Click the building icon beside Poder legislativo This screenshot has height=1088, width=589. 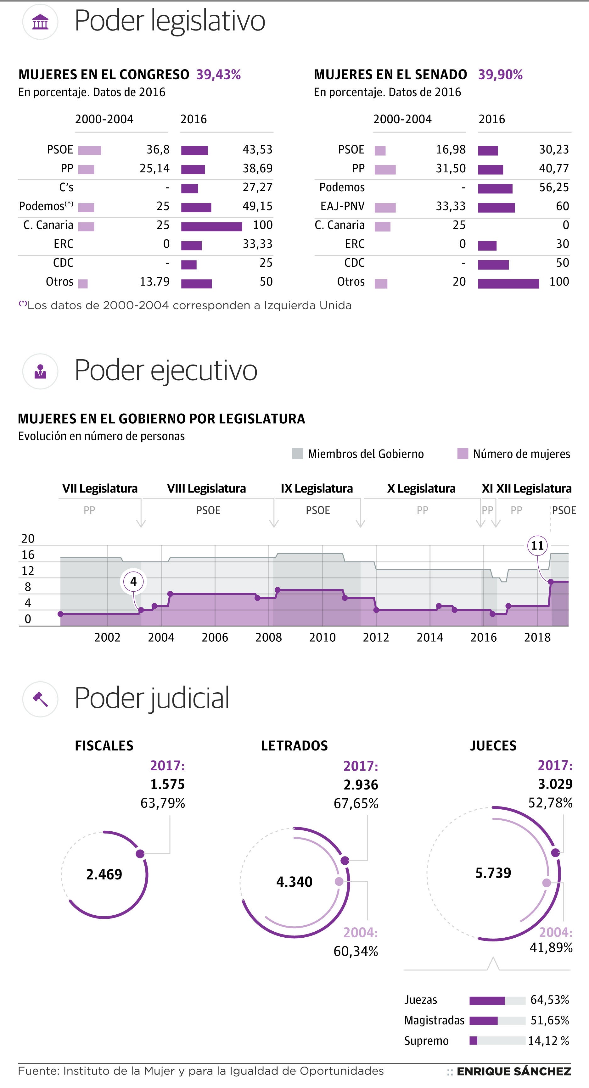[x=40, y=22]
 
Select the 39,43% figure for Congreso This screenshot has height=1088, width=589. [x=218, y=75]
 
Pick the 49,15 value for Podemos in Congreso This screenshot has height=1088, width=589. [x=257, y=206]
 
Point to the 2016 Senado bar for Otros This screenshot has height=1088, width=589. [x=508, y=283]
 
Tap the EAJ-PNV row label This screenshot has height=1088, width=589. [x=342, y=206]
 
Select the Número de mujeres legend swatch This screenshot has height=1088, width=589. [x=463, y=454]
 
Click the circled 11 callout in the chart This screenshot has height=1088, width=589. [x=537, y=546]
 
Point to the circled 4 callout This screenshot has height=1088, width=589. [x=133, y=582]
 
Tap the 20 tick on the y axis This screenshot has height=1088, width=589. [x=28, y=538]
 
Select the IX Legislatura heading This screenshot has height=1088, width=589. [x=317, y=489]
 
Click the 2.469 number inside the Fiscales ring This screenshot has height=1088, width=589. [x=104, y=874]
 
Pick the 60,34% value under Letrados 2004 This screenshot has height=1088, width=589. [x=356, y=951]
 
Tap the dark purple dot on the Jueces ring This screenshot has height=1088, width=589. [x=556, y=852]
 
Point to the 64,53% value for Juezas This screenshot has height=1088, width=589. [x=549, y=1000]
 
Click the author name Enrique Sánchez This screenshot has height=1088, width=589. [x=513, y=1072]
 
